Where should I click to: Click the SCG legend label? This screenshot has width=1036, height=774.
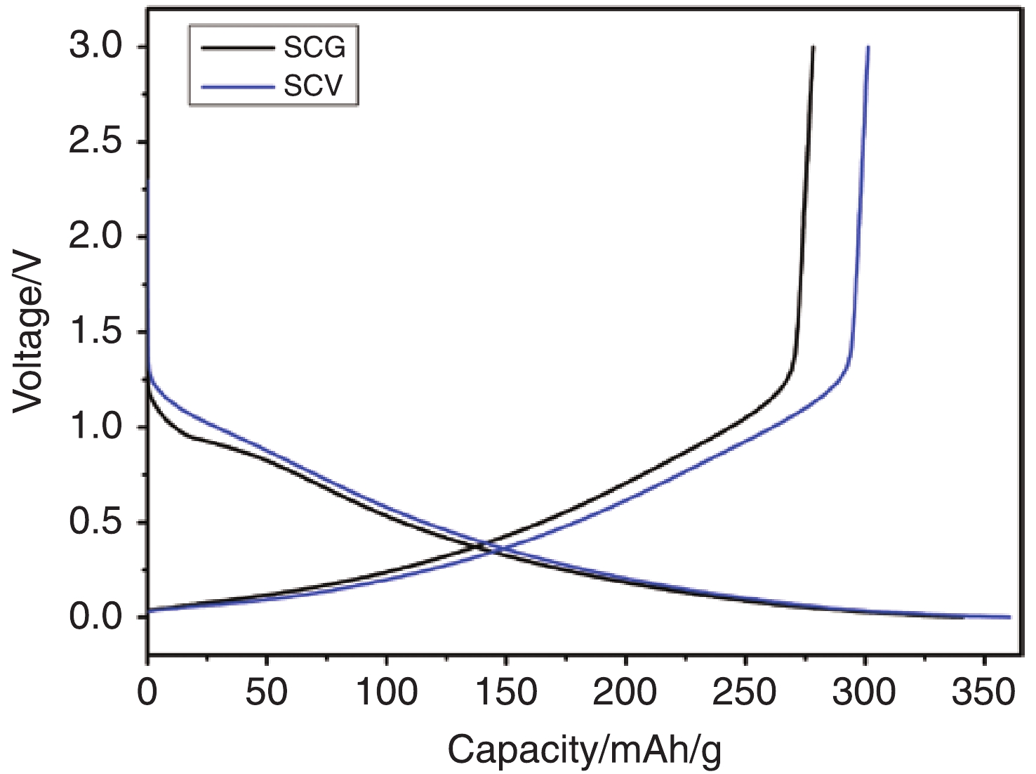pyautogui.click(x=314, y=48)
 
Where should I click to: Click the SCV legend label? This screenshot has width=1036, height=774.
pyautogui.click(x=314, y=86)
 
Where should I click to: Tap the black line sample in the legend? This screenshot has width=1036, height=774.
pyautogui.click(x=237, y=48)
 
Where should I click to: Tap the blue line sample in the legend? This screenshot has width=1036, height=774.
pyautogui.click(x=237, y=87)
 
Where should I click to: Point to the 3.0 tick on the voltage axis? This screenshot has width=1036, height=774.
pyautogui.click(x=96, y=47)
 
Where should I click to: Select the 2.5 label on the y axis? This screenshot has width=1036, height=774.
pyautogui.click(x=96, y=142)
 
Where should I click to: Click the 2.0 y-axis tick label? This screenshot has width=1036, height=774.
pyautogui.click(x=96, y=237)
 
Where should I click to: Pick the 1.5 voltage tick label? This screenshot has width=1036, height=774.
pyautogui.click(x=96, y=332)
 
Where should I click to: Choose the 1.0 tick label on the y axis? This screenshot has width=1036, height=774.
pyautogui.click(x=96, y=427)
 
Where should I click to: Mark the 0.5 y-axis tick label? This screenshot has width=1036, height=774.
pyautogui.click(x=96, y=523)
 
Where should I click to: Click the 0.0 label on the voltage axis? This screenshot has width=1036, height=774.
pyautogui.click(x=96, y=617)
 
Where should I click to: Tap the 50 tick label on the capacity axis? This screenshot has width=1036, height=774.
pyautogui.click(x=266, y=693)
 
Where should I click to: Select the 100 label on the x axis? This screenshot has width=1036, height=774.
pyautogui.click(x=386, y=693)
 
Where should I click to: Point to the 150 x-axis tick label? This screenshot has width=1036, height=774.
pyautogui.click(x=505, y=693)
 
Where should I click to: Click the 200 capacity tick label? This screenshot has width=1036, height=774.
pyautogui.click(x=625, y=693)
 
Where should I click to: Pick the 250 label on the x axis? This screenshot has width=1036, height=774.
pyautogui.click(x=745, y=693)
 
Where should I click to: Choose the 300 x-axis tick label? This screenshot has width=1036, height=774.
pyautogui.click(x=864, y=693)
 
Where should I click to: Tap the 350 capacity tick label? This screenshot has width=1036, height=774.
pyautogui.click(x=983, y=693)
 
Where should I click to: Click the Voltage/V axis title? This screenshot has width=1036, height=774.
pyautogui.click(x=29, y=333)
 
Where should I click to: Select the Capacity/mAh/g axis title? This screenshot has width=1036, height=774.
pyautogui.click(x=585, y=750)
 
